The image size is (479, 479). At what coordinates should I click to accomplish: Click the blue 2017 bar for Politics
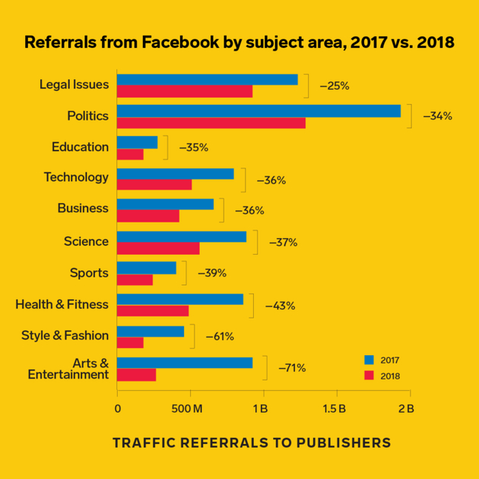click(259, 111)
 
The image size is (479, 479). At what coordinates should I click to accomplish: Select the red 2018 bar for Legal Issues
click(185, 91)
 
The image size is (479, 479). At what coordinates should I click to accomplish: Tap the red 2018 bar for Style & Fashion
click(130, 342)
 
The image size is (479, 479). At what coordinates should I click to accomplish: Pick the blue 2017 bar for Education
click(138, 142)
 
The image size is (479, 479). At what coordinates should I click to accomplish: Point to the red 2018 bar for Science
click(158, 248)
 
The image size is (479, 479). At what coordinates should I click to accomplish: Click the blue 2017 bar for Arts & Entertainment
click(185, 363)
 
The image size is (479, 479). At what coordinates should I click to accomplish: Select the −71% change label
click(292, 368)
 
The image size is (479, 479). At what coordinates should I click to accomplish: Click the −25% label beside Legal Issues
click(335, 86)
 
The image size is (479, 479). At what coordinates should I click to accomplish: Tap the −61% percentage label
click(220, 336)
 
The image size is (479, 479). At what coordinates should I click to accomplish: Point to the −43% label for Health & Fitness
click(280, 306)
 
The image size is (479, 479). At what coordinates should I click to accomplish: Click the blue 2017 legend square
click(370, 360)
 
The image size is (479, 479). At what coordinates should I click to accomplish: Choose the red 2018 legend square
click(370, 375)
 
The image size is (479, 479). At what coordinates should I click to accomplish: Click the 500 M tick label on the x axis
click(189, 408)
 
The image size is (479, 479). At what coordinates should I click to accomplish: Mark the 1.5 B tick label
click(334, 408)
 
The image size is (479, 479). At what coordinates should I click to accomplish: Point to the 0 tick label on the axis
click(117, 408)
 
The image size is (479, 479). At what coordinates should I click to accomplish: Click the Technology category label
click(76, 177)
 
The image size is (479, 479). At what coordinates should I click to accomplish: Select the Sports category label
click(89, 273)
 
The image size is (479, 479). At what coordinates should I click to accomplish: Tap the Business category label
click(83, 208)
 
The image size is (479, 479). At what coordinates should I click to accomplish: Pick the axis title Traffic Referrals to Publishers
click(251, 443)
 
